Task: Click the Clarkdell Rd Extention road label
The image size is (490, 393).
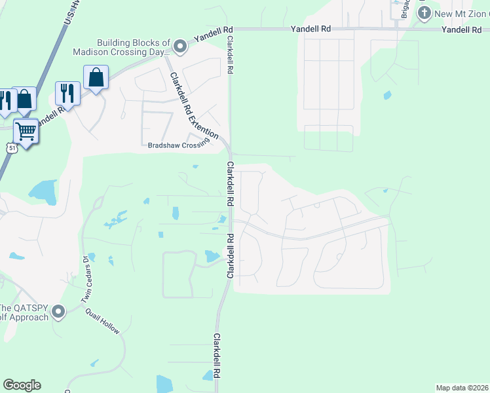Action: pos(194,106)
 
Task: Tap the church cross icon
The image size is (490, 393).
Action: pos(424,12)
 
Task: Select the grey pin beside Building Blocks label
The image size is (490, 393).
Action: pos(180,45)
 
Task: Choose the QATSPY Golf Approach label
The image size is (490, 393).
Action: pos(25,313)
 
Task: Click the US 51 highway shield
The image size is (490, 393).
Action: pos(12,149)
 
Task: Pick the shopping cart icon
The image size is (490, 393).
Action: pos(26,131)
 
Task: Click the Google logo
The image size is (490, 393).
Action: pos(22,385)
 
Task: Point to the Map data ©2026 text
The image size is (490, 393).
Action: pos(462,387)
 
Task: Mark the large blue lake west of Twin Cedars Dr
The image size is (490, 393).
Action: pos(42,191)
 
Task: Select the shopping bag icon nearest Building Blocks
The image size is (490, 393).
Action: pos(96,78)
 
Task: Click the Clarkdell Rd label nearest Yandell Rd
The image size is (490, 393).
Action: pos(230,57)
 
